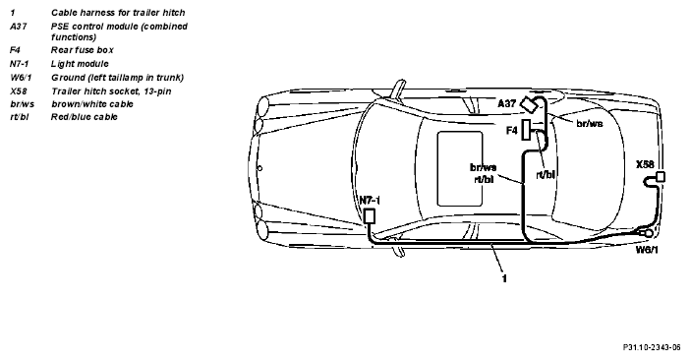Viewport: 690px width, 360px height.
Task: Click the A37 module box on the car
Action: [x=529, y=104]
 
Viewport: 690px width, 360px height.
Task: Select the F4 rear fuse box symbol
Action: [x=526, y=130]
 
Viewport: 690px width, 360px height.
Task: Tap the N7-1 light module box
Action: [x=370, y=216]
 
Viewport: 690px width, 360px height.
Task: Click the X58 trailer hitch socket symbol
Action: [x=661, y=177]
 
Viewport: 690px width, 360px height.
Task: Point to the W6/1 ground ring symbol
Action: [x=649, y=233]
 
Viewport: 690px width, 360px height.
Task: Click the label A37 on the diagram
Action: [x=506, y=104]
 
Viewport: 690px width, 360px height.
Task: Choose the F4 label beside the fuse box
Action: [x=512, y=131]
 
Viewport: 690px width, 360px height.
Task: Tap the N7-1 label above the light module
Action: [x=370, y=201]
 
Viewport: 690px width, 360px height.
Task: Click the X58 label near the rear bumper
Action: [x=645, y=164]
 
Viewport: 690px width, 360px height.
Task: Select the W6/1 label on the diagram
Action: [x=647, y=250]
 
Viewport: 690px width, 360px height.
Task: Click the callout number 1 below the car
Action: [x=504, y=278]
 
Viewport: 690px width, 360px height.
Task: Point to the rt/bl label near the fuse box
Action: [x=546, y=175]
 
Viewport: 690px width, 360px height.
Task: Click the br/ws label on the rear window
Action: [x=590, y=123]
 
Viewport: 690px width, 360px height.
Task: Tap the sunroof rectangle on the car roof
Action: [x=460, y=168]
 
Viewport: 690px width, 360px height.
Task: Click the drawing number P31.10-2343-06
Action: [x=652, y=347]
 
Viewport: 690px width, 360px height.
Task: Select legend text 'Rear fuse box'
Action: [x=83, y=50]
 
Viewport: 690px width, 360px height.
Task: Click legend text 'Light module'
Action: [x=80, y=64]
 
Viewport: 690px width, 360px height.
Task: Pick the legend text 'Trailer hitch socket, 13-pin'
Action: [x=111, y=91]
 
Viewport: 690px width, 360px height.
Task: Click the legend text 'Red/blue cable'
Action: [x=85, y=117]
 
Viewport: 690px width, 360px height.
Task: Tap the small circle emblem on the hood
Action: [x=259, y=168]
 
